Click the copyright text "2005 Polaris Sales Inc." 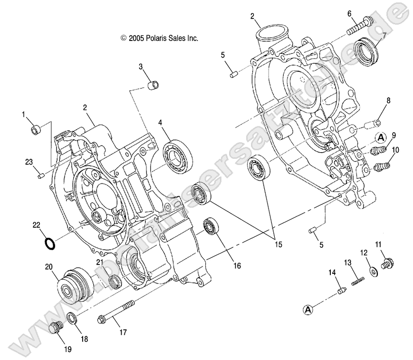point(160,39)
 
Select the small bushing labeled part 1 point(36,130)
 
